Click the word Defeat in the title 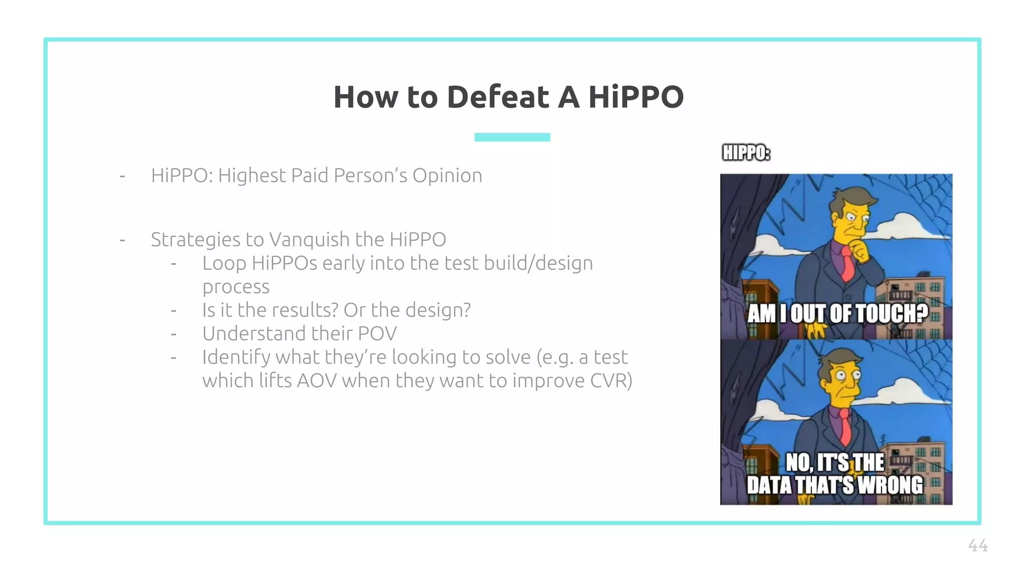tap(497, 97)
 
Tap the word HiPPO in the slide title tap(636, 97)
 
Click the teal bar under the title tap(512, 137)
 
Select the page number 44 tap(977, 545)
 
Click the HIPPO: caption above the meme tap(746, 153)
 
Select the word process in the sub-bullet tap(236, 287)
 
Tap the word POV tap(377, 334)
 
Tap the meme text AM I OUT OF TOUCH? tap(837, 314)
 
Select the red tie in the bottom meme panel tap(845, 426)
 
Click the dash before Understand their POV tap(174, 334)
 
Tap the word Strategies tap(195, 239)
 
